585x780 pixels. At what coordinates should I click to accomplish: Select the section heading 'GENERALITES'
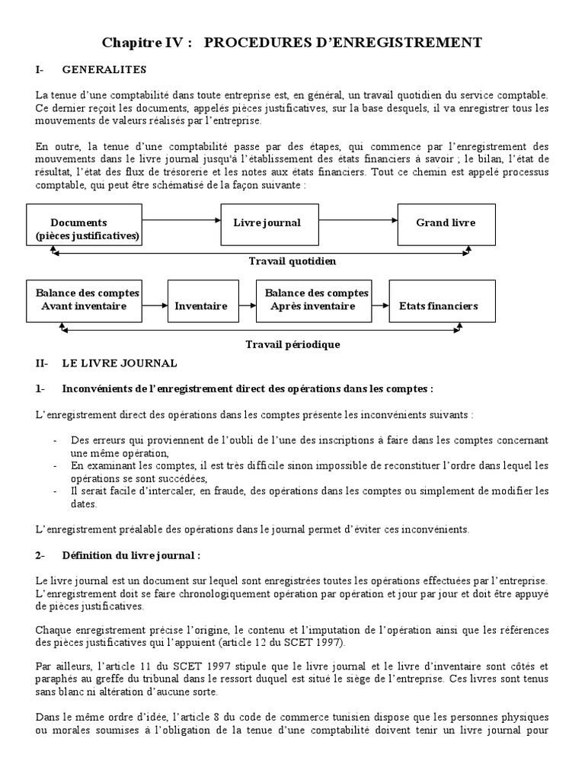104,69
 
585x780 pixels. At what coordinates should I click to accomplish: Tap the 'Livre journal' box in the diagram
267,223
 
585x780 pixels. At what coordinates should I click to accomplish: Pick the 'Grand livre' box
446,223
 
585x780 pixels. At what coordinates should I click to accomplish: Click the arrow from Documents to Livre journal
181,219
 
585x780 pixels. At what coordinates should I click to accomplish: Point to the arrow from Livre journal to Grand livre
355,219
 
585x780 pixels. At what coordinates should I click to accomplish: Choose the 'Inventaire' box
201,306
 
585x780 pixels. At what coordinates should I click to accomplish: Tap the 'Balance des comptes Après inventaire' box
316,300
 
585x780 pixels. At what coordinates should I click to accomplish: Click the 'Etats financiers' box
438,306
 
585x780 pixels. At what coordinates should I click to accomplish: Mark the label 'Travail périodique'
292,344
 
